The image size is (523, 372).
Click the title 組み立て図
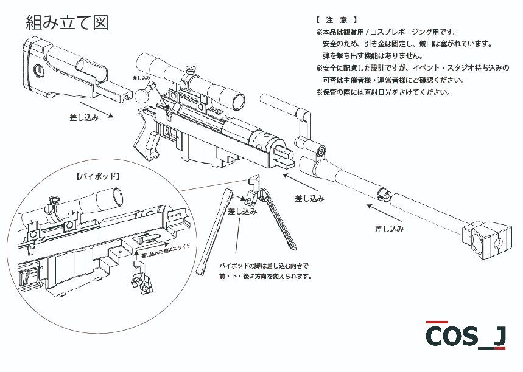point(67,22)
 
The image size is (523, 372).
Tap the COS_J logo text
point(465,336)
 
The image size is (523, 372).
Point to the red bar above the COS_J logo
point(437,322)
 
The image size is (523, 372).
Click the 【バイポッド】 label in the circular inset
point(98,177)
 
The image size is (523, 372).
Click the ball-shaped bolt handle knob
point(144,94)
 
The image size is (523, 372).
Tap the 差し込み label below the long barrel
point(389,229)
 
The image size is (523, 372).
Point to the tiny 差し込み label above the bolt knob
point(142,79)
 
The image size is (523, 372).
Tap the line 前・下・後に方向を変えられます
point(265,276)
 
